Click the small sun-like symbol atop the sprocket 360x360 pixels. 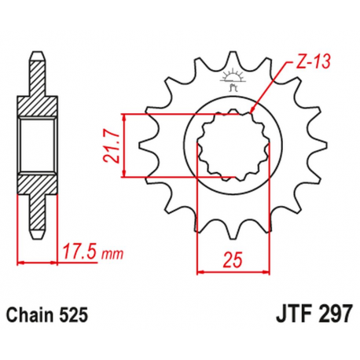tap(232, 77)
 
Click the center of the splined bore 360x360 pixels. tap(233, 146)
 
